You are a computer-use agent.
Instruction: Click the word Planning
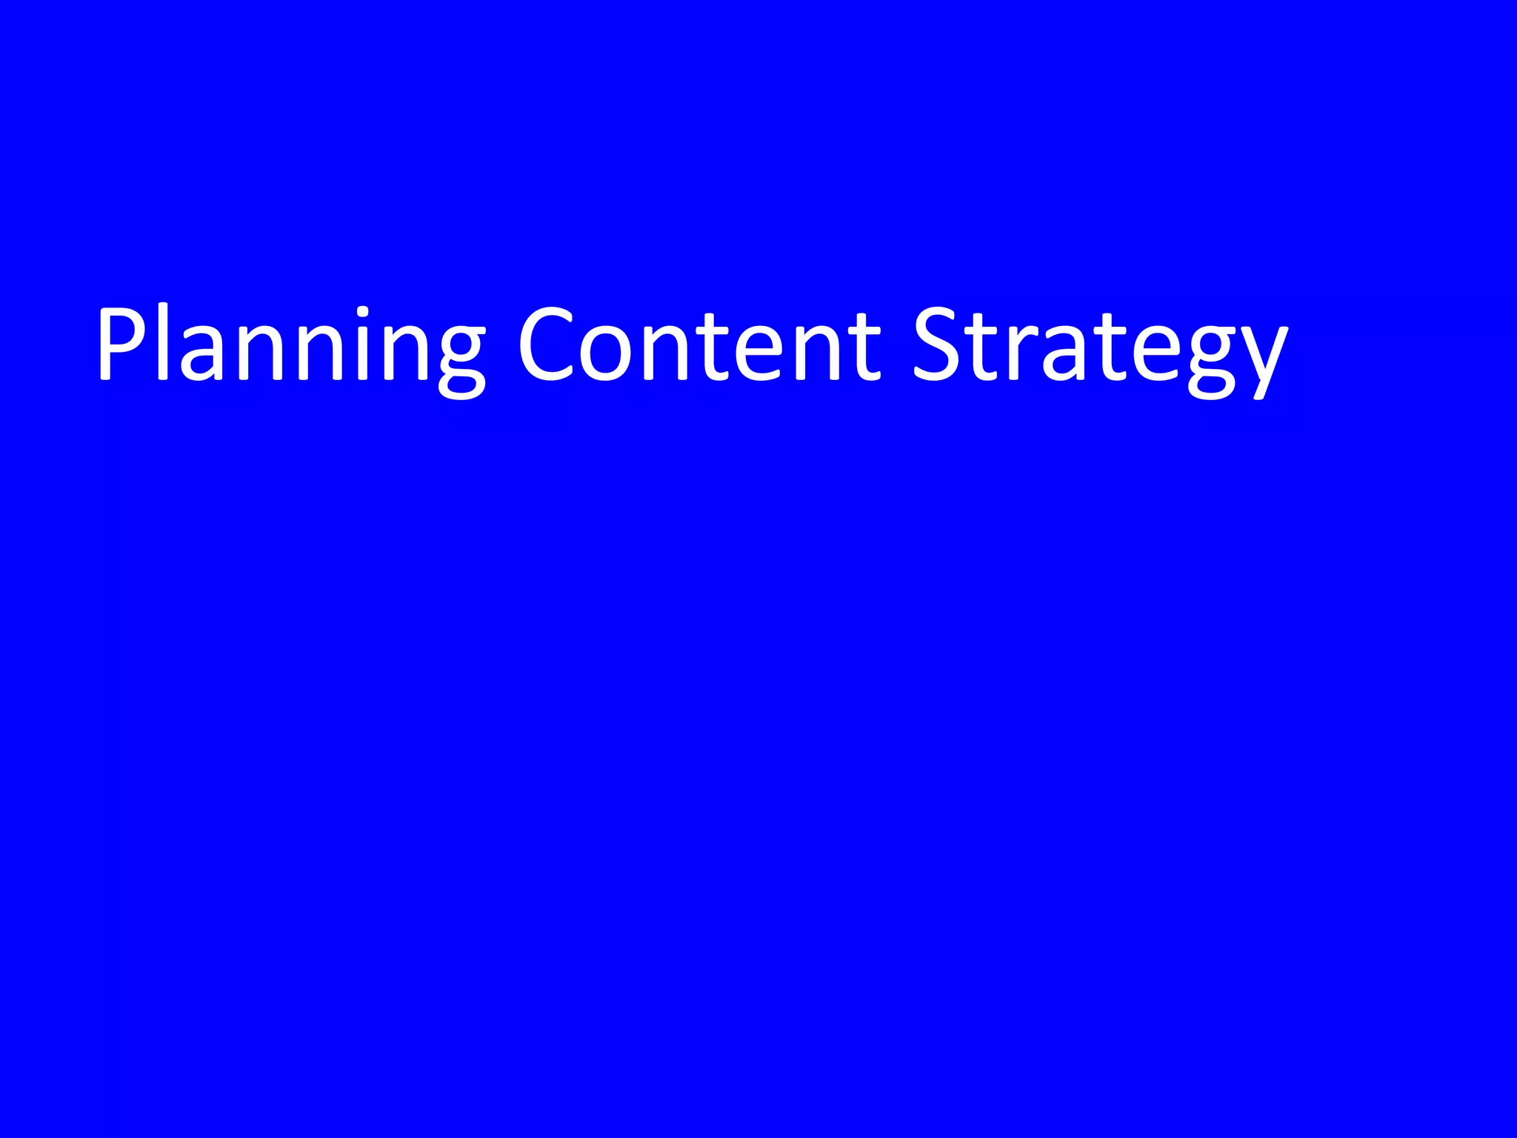tap(290, 345)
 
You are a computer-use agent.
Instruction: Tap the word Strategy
tap(1099, 345)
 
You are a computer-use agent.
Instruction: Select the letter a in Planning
tap(202, 354)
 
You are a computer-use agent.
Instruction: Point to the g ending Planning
tap(460, 359)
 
